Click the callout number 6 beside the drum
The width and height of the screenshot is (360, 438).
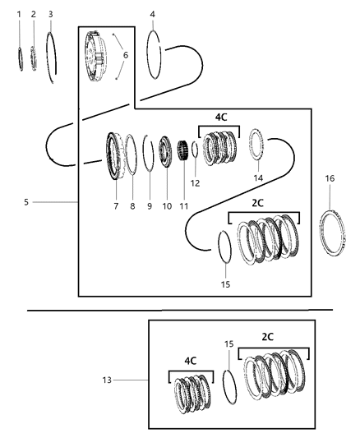(125, 55)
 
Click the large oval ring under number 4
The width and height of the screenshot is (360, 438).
(154, 56)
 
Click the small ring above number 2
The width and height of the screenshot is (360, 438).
(34, 58)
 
